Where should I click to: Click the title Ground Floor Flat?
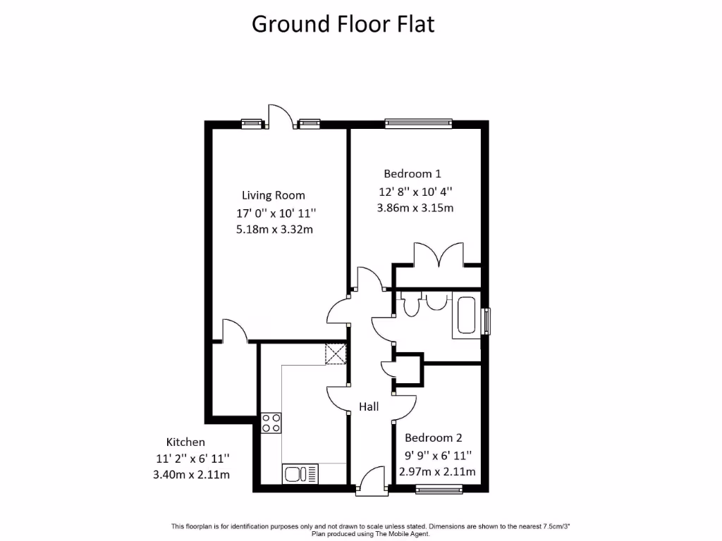tap(343, 24)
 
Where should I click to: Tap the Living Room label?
tap(274, 195)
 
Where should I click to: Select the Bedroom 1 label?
tap(412, 173)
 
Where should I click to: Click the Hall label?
tap(369, 406)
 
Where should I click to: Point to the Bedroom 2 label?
tap(434, 437)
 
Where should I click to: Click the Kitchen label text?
tap(185, 442)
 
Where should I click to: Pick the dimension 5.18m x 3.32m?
tap(275, 229)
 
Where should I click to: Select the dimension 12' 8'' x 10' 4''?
tap(415, 191)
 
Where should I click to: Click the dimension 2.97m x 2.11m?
tap(437, 471)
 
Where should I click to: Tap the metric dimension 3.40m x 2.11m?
tap(191, 474)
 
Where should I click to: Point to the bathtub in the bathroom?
tap(467, 316)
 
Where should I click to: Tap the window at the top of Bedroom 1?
tap(418, 123)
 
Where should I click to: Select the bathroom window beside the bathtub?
tap(485, 321)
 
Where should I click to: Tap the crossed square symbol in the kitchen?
tap(336, 354)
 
